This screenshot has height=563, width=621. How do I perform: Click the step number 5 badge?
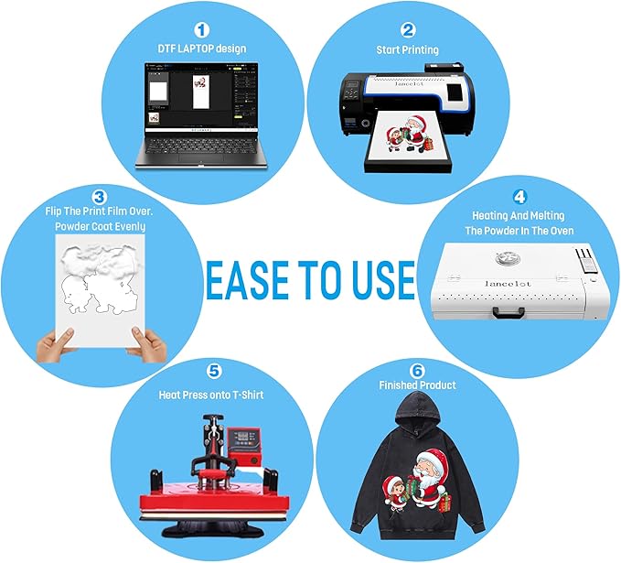click(214, 371)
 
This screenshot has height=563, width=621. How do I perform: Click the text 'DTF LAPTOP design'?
click(202, 49)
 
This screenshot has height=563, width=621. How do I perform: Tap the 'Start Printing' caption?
click(408, 49)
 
